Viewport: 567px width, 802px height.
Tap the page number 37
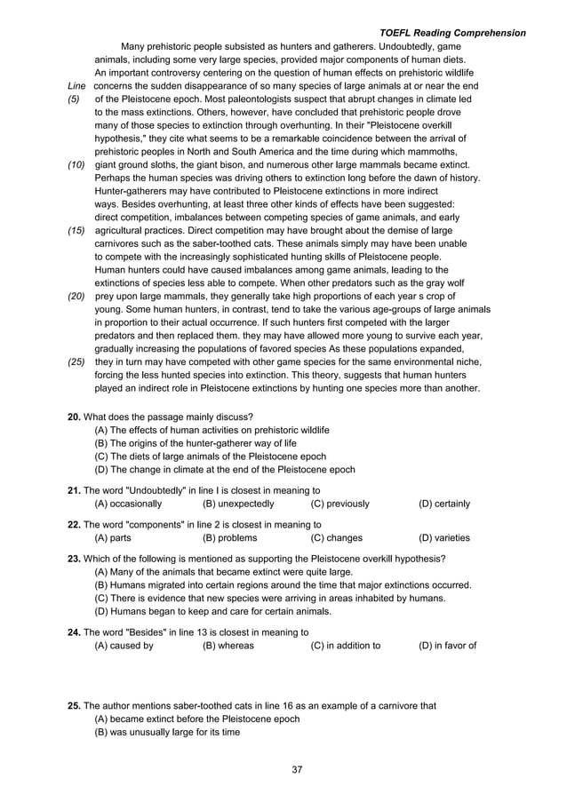coord(298,769)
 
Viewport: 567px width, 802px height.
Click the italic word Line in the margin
coord(76,86)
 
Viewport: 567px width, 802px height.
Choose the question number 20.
coord(75,417)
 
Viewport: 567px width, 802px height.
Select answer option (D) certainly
coord(444,504)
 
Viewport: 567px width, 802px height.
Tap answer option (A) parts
coord(113,537)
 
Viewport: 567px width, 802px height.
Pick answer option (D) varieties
coord(444,537)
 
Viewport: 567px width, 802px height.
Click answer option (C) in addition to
coord(346,646)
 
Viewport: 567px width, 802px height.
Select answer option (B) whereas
coord(228,646)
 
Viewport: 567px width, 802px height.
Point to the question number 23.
coord(75,559)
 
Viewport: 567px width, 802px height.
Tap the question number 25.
coord(75,705)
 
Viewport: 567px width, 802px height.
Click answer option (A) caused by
coord(124,646)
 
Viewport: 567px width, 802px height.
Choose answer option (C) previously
coord(340,504)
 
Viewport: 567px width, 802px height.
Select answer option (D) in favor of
coord(447,646)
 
